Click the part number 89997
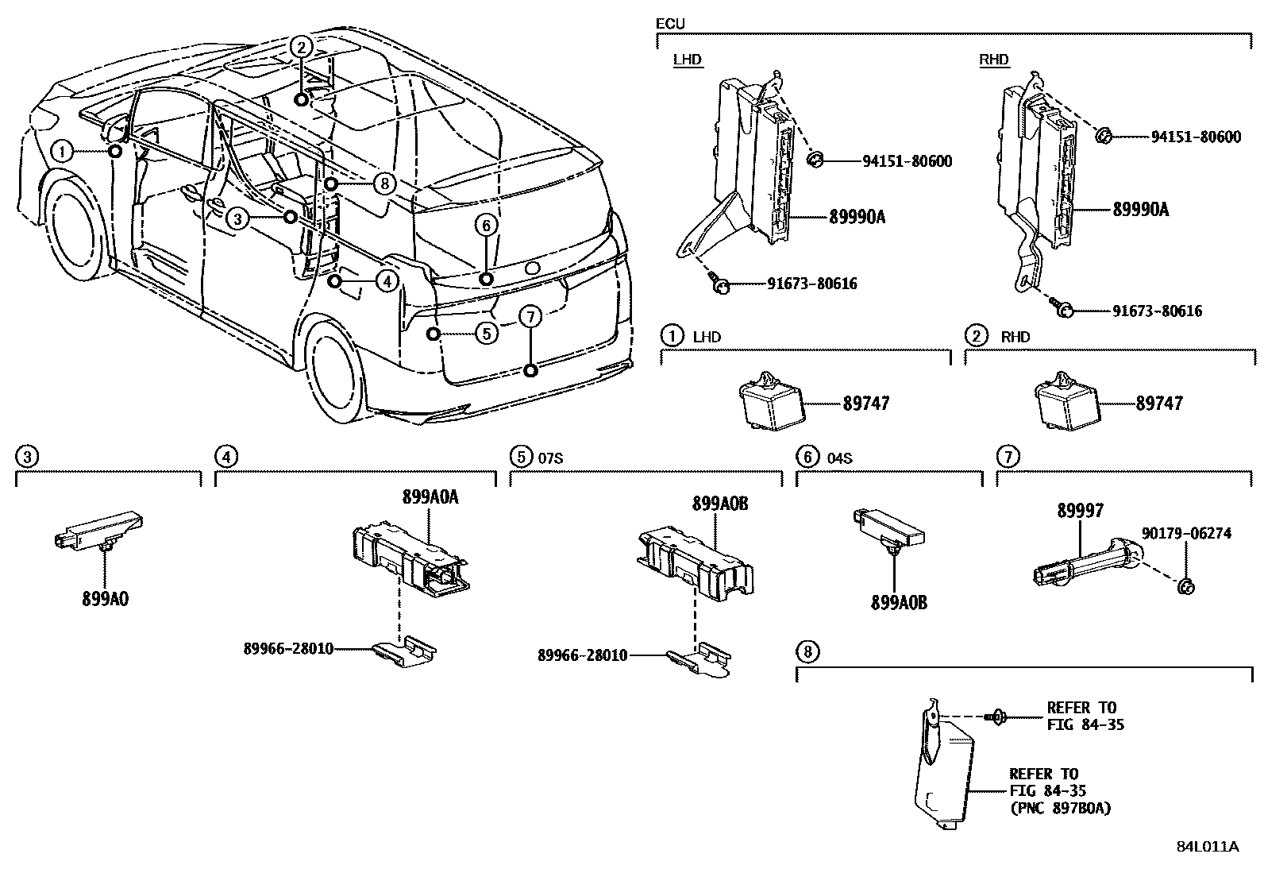[x=1080, y=511]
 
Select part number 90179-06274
[x=1187, y=533]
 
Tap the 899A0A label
[x=431, y=497]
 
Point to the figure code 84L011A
[x=1207, y=846]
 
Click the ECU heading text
[x=670, y=24]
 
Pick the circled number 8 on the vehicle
[x=384, y=184]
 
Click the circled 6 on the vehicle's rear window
[x=486, y=226]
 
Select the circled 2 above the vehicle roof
[x=301, y=48]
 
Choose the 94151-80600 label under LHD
[x=908, y=161]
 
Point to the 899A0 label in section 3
[x=105, y=598]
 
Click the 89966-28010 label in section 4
[x=288, y=649]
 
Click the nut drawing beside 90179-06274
[x=1186, y=586]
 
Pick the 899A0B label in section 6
[x=898, y=602]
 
